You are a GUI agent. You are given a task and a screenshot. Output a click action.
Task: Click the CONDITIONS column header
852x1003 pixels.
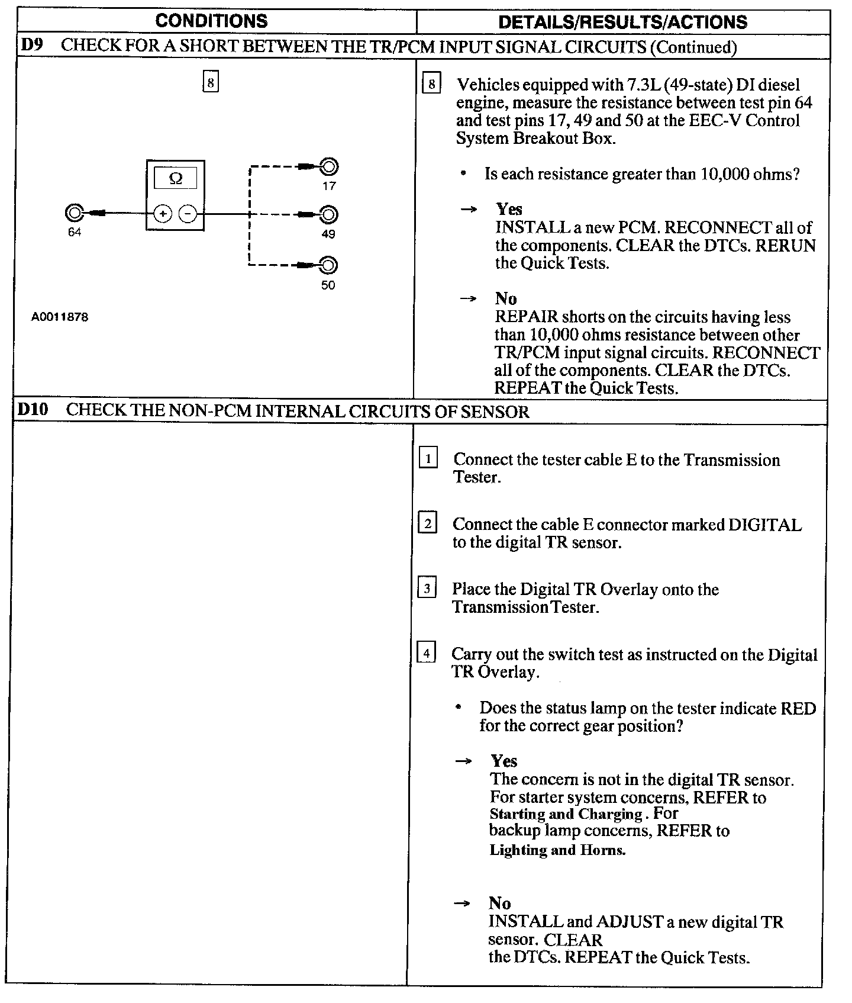pyautogui.click(x=211, y=21)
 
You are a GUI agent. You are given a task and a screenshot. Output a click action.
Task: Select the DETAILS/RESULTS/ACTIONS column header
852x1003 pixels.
pyautogui.click(x=622, y=22)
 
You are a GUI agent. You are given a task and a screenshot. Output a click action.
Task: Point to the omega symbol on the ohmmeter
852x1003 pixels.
pyautogui.click(x=175, y=178)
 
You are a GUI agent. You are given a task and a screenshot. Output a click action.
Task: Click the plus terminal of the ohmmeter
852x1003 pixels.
pyautogui.click(x=163, y=214)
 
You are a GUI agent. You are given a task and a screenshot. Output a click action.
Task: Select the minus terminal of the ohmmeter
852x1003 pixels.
pyautogui.click(x=188, y=214)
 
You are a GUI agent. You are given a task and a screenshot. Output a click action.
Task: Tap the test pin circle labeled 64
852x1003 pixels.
pyautogui.click(x=75, y=213)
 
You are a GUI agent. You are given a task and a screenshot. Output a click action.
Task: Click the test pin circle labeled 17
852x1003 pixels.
pyautogui.click(x=328, y=167)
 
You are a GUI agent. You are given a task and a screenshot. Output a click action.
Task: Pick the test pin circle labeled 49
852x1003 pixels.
pyautogui.click(x=328, y=214)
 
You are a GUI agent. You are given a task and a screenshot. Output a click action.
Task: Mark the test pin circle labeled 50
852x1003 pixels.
pyautogui.click(x=328, y=265)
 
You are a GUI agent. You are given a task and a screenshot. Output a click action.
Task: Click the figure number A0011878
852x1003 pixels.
pyautogui.click(x=60, y=317)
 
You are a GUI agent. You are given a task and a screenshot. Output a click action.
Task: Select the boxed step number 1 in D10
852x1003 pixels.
pyautogui.click(x=428, y=458)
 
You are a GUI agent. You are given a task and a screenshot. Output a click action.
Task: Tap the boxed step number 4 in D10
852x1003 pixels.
pyautogui.click(x=426, y=653)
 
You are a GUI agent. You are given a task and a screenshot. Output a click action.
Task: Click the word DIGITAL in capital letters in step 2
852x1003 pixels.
pyautogui.click(x=764, y=525)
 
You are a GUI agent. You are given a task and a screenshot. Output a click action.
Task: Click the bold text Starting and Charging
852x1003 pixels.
pyautogui.click(x=566, y=814)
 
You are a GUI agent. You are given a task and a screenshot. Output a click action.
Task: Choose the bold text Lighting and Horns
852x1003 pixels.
pyautogui.click(x=557, y=850)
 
